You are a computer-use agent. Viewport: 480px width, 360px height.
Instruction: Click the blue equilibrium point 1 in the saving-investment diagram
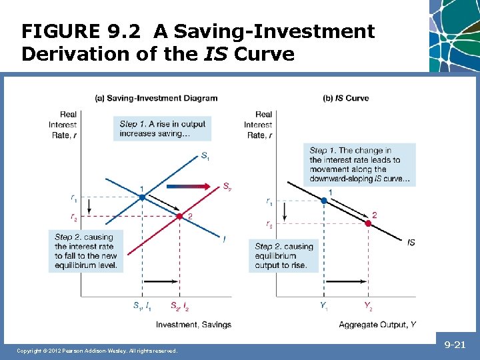click(x=142, y=197)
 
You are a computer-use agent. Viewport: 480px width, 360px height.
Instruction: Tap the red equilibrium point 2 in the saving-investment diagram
click(x=179, y=216)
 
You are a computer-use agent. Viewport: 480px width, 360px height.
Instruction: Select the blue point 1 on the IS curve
click(x=324, y=200)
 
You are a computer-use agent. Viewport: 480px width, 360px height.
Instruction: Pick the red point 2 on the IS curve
click(x=368, y=223)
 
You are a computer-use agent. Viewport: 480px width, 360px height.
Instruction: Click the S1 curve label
click(x=205, y=157)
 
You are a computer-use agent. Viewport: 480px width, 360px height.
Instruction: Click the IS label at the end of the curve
click(x=411, y=243)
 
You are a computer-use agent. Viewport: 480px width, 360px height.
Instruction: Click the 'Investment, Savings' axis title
click(x=193, y=325)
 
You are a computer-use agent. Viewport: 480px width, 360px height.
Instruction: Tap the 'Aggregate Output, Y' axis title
click(x=377, y=325)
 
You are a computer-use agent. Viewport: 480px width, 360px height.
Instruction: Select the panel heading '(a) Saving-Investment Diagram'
click(x=157, y=98)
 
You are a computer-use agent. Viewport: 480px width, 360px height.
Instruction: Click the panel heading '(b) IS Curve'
click(x=345, y=98)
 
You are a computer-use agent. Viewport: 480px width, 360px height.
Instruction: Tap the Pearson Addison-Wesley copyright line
click(x=97, y=351)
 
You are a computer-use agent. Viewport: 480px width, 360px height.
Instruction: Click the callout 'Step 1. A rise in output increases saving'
click(x=163, y=129)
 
